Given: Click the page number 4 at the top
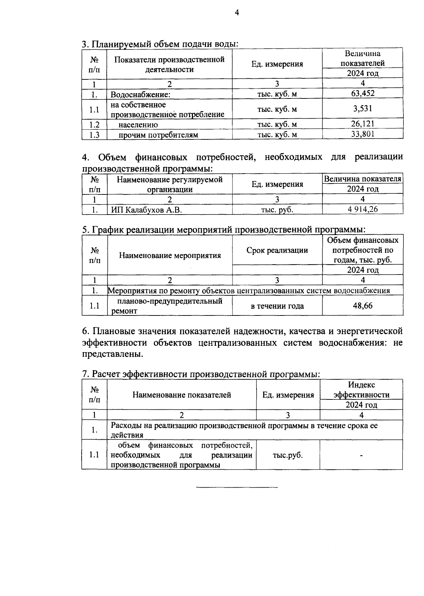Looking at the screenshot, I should (x=237, y=13).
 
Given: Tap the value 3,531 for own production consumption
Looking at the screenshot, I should (x=363, y=108).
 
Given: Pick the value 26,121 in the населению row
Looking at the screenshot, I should (x=363, y=124).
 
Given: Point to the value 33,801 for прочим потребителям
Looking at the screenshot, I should (x=363, y=134).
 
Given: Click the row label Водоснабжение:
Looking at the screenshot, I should (x=140, y=95).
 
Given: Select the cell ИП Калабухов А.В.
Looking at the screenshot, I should (x=146, y=210).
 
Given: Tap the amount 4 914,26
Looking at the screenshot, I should (x=363, y=209).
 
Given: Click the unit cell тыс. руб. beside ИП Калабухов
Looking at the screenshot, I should (x=277, y=210).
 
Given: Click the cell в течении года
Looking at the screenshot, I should (x=277, y=306).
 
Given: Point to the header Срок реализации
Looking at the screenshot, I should (x=277, y=250).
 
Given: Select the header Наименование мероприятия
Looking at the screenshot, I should (x=170, y=255).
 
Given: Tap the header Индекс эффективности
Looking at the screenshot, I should (x=361, y=390).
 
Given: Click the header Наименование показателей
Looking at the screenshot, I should (x=182, y=395).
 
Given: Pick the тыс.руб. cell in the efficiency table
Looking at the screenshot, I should (x=288, y=455).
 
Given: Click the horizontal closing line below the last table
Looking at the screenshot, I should (x=237, y=488).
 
